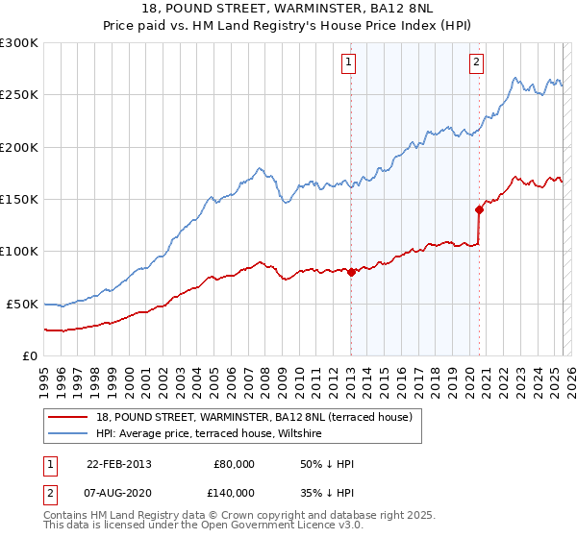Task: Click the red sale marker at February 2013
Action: pyautogui.click(x=351, y=272)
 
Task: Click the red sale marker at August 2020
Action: pyautogui.click(x=478, y=208)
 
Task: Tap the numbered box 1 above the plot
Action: pyautogui.click(x=347, y=63)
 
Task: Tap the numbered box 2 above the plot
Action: pyautogui.click(x=475, y=63)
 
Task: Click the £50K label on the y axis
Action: pyautogui.click(x=22, y=304)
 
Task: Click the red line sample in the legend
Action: pyautogui.click(x=68, y=417)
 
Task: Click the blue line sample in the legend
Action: pyautogui.click(x=68, y=432)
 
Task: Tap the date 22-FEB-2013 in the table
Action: pyautogui.click(x=118, y=464)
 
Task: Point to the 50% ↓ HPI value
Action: pyautogui.click(x=327, y=464)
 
